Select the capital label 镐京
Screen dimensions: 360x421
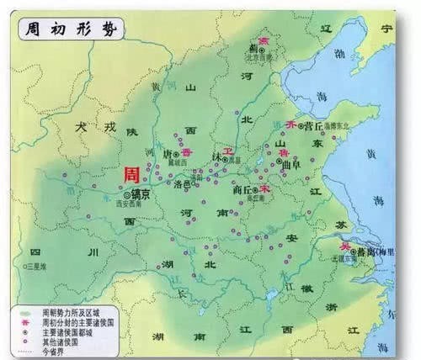141,193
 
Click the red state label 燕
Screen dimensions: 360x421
262,39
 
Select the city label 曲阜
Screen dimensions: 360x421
296,164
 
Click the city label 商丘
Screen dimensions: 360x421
242,190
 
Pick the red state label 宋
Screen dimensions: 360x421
264,191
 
